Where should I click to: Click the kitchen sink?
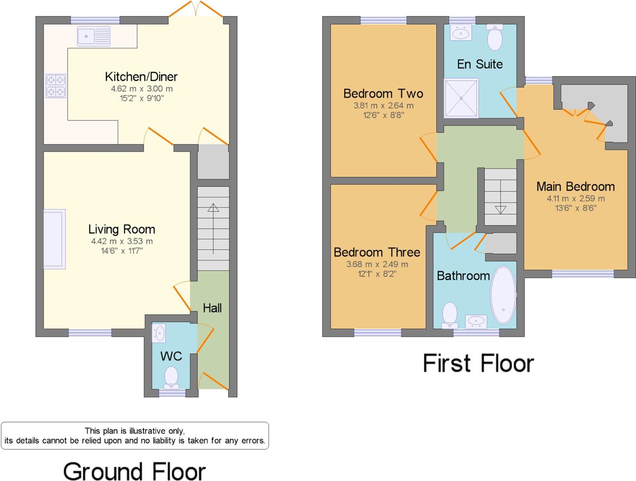tap(94, 36)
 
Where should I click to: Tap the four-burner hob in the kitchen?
tap(56, 86)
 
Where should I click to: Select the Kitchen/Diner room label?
tap(141, 77)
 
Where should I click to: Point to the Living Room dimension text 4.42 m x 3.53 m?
tap(122, 241)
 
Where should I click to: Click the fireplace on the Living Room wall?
tap(54, 239)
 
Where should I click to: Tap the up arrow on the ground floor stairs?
tap(213, 208)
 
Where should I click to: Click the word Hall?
tap(212, 308)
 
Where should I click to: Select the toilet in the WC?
tap(171, 377)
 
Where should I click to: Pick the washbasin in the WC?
tap(159, 333)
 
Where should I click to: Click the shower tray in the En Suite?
tap(461, 98)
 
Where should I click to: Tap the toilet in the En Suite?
tap(495, 37)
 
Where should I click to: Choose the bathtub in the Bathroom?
tap(503, 295)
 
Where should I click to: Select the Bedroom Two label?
tap(383, 94)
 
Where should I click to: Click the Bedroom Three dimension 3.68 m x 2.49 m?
tap(377, 264)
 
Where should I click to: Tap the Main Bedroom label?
tap(575, 186)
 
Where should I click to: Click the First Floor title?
tap(478, 363)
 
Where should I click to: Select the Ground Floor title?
tap(134, 471)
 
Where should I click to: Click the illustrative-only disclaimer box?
tap(135, 436)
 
